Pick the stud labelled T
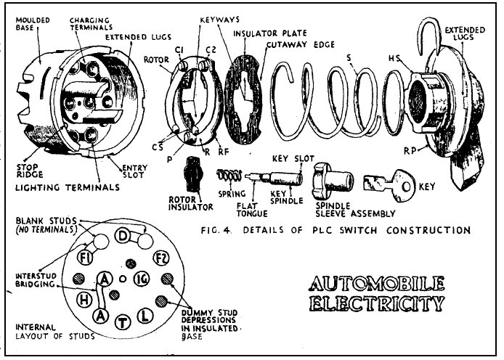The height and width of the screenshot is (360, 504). click(x=124, y=319)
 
